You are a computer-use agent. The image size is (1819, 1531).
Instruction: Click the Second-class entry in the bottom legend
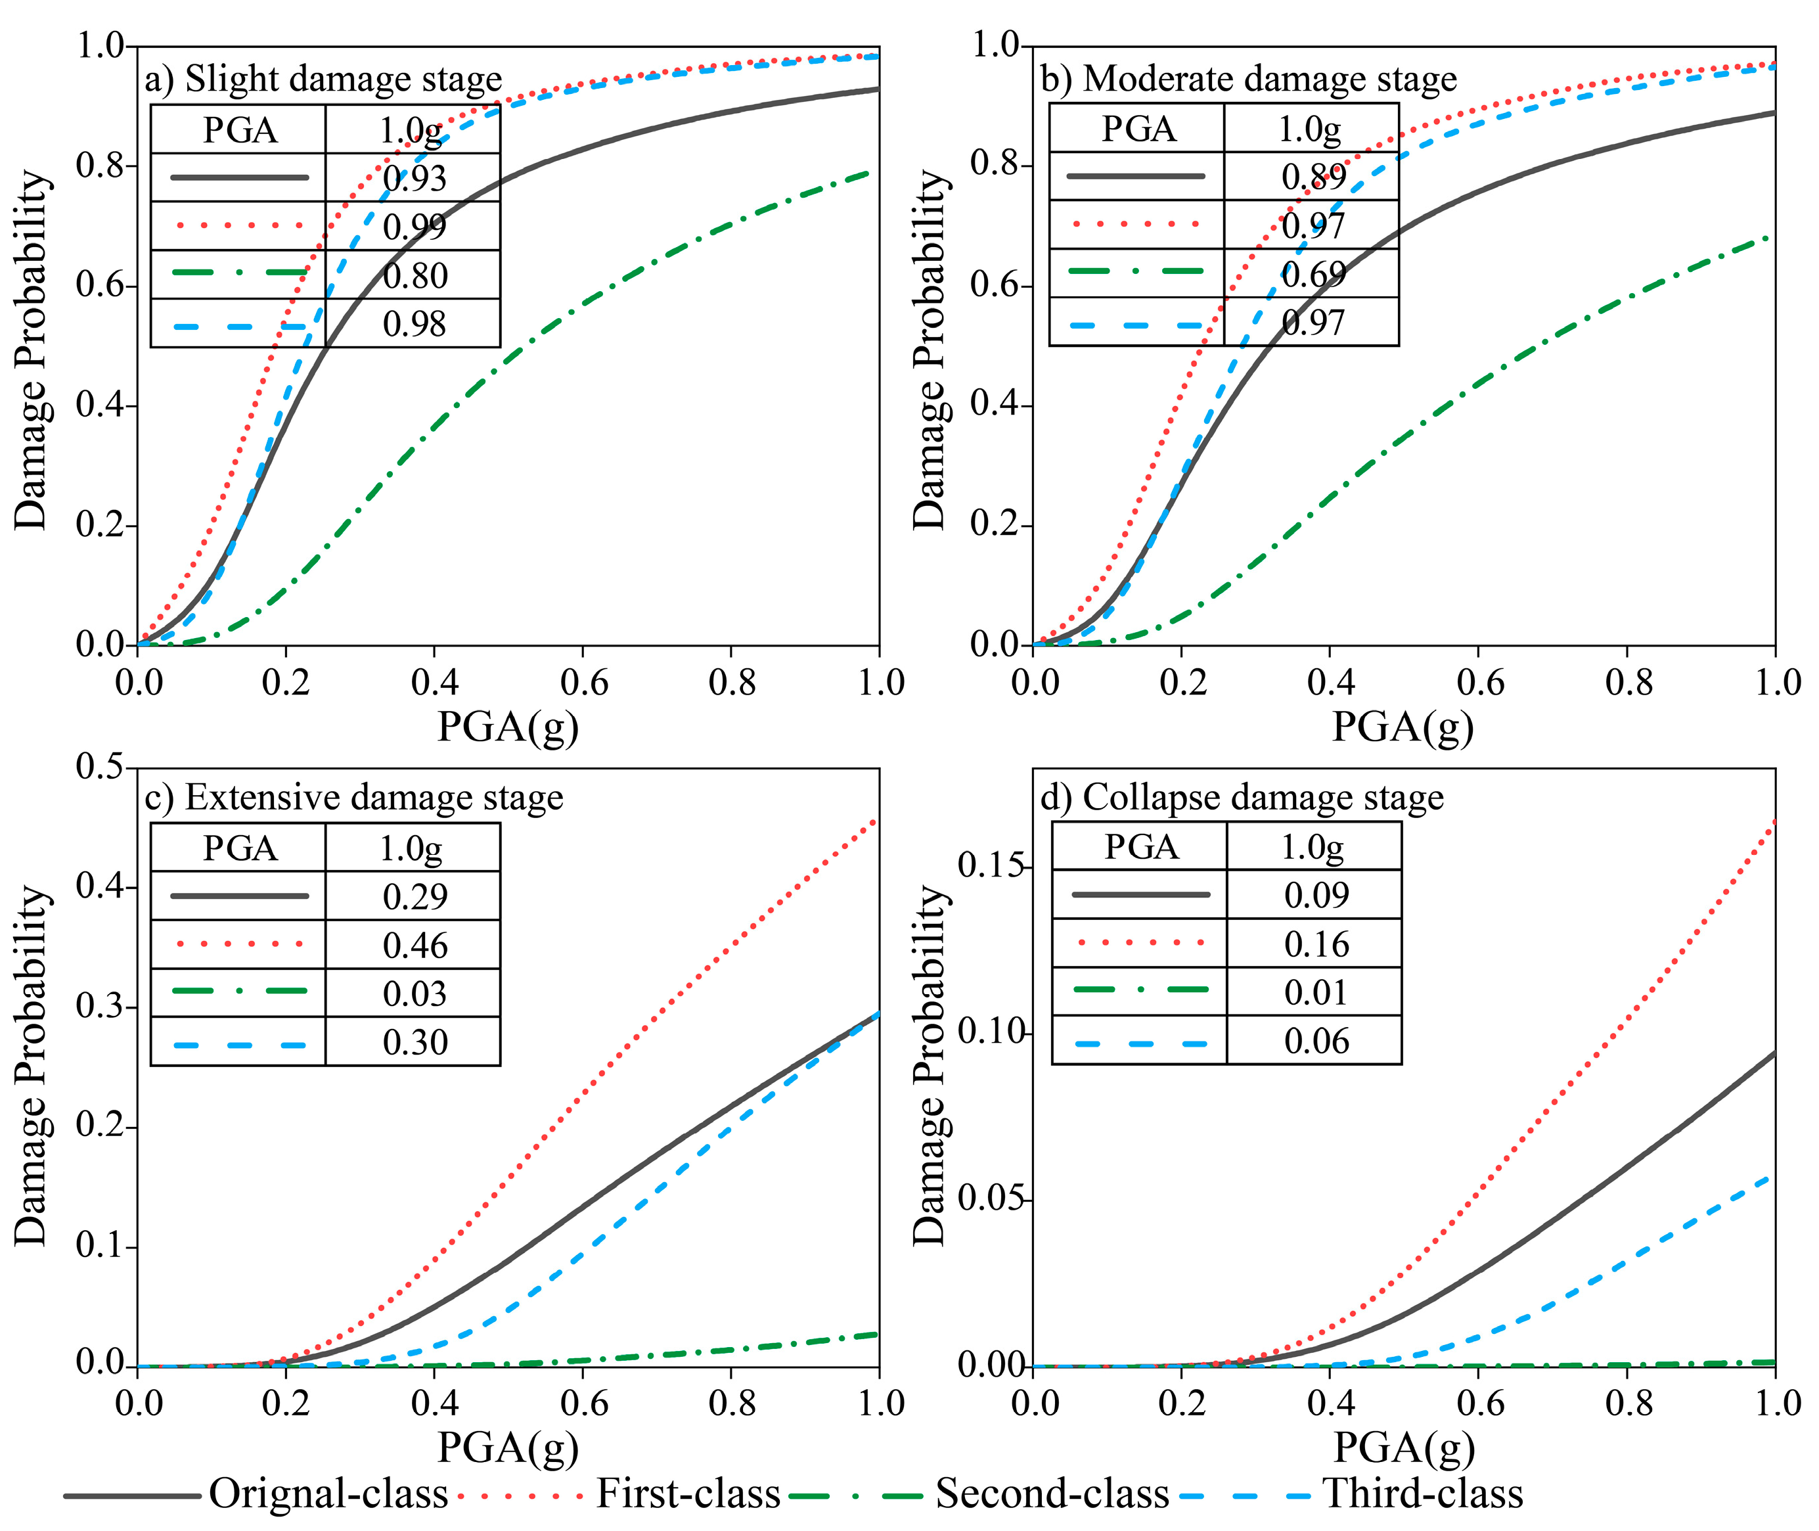1051,1494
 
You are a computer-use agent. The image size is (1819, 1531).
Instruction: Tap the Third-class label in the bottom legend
1422,1494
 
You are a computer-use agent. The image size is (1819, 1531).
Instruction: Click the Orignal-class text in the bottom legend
328,1494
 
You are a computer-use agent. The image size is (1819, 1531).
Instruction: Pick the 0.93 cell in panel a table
414,178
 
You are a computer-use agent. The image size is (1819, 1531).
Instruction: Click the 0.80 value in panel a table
414,275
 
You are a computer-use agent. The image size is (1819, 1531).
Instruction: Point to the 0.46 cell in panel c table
414,945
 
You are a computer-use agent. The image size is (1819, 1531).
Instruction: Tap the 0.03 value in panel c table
414,993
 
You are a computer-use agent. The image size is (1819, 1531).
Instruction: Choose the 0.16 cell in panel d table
1316,944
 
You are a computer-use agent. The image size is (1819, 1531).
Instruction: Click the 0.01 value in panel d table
1316,992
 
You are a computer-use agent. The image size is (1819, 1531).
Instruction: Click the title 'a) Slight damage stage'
323,78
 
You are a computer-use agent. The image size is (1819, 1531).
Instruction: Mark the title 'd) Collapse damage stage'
1241,797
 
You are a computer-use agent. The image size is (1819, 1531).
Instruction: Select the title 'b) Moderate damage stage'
1248,78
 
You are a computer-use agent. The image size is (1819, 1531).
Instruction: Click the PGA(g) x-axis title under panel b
1403,727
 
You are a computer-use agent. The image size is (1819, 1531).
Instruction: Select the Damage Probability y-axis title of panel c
32,1066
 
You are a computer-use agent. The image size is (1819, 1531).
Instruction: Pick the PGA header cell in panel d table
1140,846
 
